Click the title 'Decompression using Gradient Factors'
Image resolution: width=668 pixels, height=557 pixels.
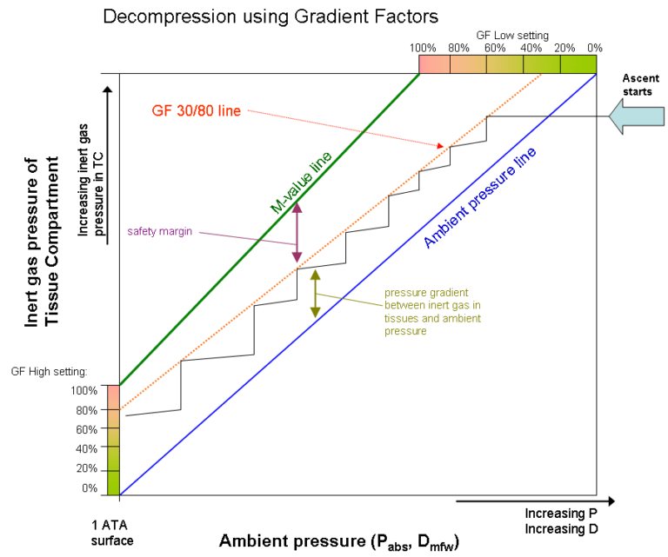(x=271, y=16)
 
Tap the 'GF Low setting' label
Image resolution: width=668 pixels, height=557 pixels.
(x=512, y=36)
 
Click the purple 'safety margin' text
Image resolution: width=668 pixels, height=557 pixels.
(x=159, y=231)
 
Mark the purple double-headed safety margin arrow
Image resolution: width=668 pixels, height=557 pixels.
(x=297, y=231)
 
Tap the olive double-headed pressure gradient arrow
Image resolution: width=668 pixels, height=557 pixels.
(x=315, y=293)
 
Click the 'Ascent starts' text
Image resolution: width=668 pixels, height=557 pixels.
(x=636, y=84)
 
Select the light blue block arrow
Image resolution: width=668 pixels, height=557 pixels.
(x=635, y=116)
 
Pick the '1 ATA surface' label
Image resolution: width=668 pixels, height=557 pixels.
(x=112, y=532)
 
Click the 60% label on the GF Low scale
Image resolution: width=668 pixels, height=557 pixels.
(x=495, y=47)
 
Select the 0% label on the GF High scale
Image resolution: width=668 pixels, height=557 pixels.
(x=90, y=487)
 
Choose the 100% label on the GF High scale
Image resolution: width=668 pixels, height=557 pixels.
(x=86, y=390)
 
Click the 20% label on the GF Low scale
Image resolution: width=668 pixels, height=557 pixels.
(x=565, y=47)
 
